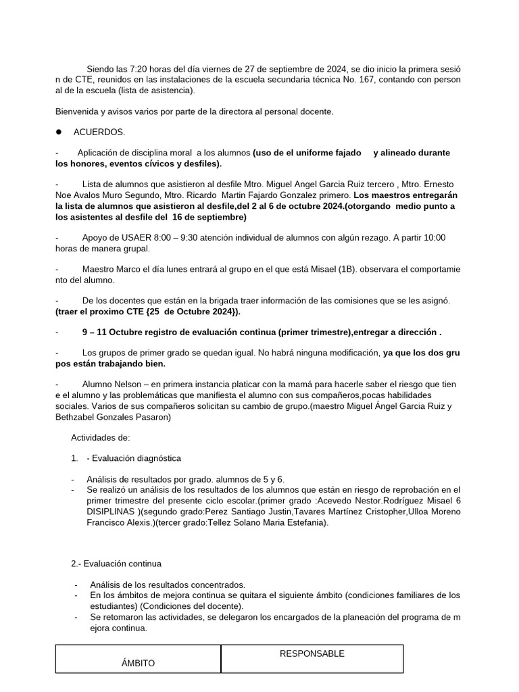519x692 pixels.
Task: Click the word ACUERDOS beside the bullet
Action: point(99,132)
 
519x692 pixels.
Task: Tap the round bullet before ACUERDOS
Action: point(59,132)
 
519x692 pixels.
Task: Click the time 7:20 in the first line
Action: point(134,70)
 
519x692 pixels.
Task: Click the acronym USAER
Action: point(134,237)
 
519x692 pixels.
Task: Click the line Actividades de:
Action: point(95,437)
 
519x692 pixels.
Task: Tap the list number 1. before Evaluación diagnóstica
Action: point(74,458)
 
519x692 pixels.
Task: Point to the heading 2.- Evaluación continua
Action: point(116,564)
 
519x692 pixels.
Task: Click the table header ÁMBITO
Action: point(139,663)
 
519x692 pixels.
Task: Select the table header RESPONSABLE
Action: point(312,653)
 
